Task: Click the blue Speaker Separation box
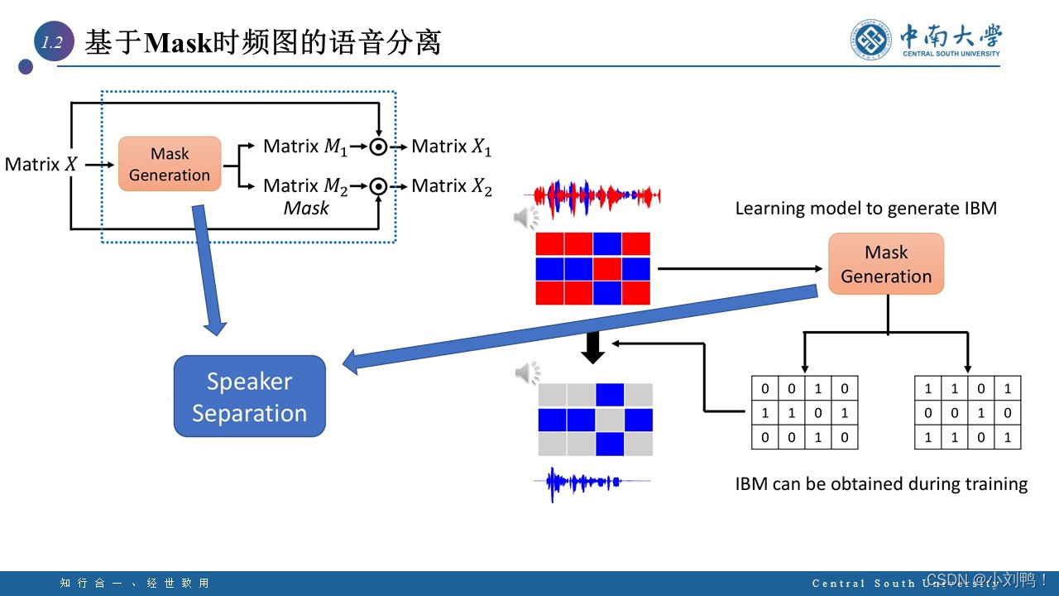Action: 249,397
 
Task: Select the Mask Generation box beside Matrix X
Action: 170,164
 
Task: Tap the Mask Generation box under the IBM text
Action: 886,264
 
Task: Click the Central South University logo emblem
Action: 872,40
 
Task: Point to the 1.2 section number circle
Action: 53,43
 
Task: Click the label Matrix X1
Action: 451,147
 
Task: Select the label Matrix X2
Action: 451,186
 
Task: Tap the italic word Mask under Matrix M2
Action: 306,209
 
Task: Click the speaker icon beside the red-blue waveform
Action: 525,218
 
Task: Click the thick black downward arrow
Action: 593,348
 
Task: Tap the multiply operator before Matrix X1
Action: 378,147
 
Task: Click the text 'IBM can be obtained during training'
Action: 881,484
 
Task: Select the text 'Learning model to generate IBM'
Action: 866,209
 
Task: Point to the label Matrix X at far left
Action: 41,165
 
